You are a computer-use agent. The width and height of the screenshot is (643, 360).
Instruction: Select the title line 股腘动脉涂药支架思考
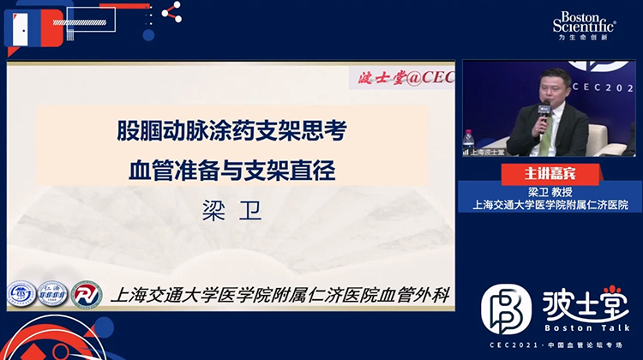[x=231, y=132]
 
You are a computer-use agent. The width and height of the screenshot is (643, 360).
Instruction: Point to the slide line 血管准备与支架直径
[x=231, y=169]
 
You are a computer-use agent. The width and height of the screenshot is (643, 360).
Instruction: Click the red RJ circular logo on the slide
[x=87, y=294]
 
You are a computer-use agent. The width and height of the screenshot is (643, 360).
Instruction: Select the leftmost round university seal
[x=21, y=294]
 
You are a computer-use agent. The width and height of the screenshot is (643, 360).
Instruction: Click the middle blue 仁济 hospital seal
[x=53, y=294]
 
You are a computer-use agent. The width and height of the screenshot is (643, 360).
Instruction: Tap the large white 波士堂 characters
[x=585, y=304]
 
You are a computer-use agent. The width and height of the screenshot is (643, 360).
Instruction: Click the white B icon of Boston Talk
[x=506, y=309]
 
